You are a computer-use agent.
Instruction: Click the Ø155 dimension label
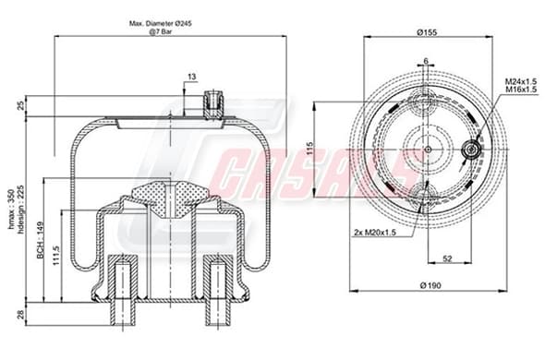pyautogui.click(x=427, y=32)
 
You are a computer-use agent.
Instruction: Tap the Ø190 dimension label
pyautogui.click(x=430, y=285)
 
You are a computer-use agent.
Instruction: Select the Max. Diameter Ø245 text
pyautogui.click(x=160, y=24)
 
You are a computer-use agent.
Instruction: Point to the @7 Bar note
pyautogui.click(x=160, y=31)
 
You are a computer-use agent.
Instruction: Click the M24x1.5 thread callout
pyautogui.click(x=521, y=81)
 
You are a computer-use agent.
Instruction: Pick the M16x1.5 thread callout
pyautogui.click(x=521, y=90)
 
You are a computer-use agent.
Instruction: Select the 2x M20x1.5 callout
pyautogui.click(x=375, y=232)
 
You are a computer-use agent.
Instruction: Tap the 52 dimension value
pyautogui.click(x=448, y=258)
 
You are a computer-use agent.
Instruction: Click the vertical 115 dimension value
pyautogui.click(x=310, y=149)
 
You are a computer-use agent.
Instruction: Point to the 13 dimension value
pyautogui.click(x=192, y=77)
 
